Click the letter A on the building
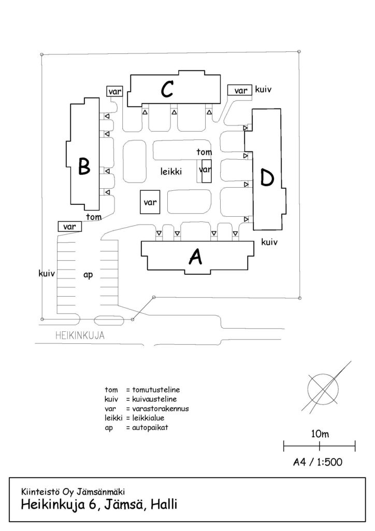(x=195, y=256)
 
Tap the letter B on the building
(x=84, y=166)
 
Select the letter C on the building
(x=167, y=89)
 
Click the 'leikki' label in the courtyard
(x=171, y=171)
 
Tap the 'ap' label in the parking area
(x=88, y=275)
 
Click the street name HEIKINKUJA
(x=80, y=336)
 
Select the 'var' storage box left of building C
(x=114, y=91)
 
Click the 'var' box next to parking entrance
(x=69, y=227)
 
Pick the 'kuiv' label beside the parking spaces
(x=47, y=273)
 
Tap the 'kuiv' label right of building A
(x=269, y=242)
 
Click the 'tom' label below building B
(x=94, y=217)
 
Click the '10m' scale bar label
(x=320, y=434)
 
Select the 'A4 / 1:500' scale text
(x=318, y=462)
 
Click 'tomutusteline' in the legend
(x=156, y=390)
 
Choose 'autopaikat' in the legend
(x=150, y=428)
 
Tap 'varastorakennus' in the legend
(x=160, y=409)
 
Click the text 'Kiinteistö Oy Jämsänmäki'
(x=73, y=492)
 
